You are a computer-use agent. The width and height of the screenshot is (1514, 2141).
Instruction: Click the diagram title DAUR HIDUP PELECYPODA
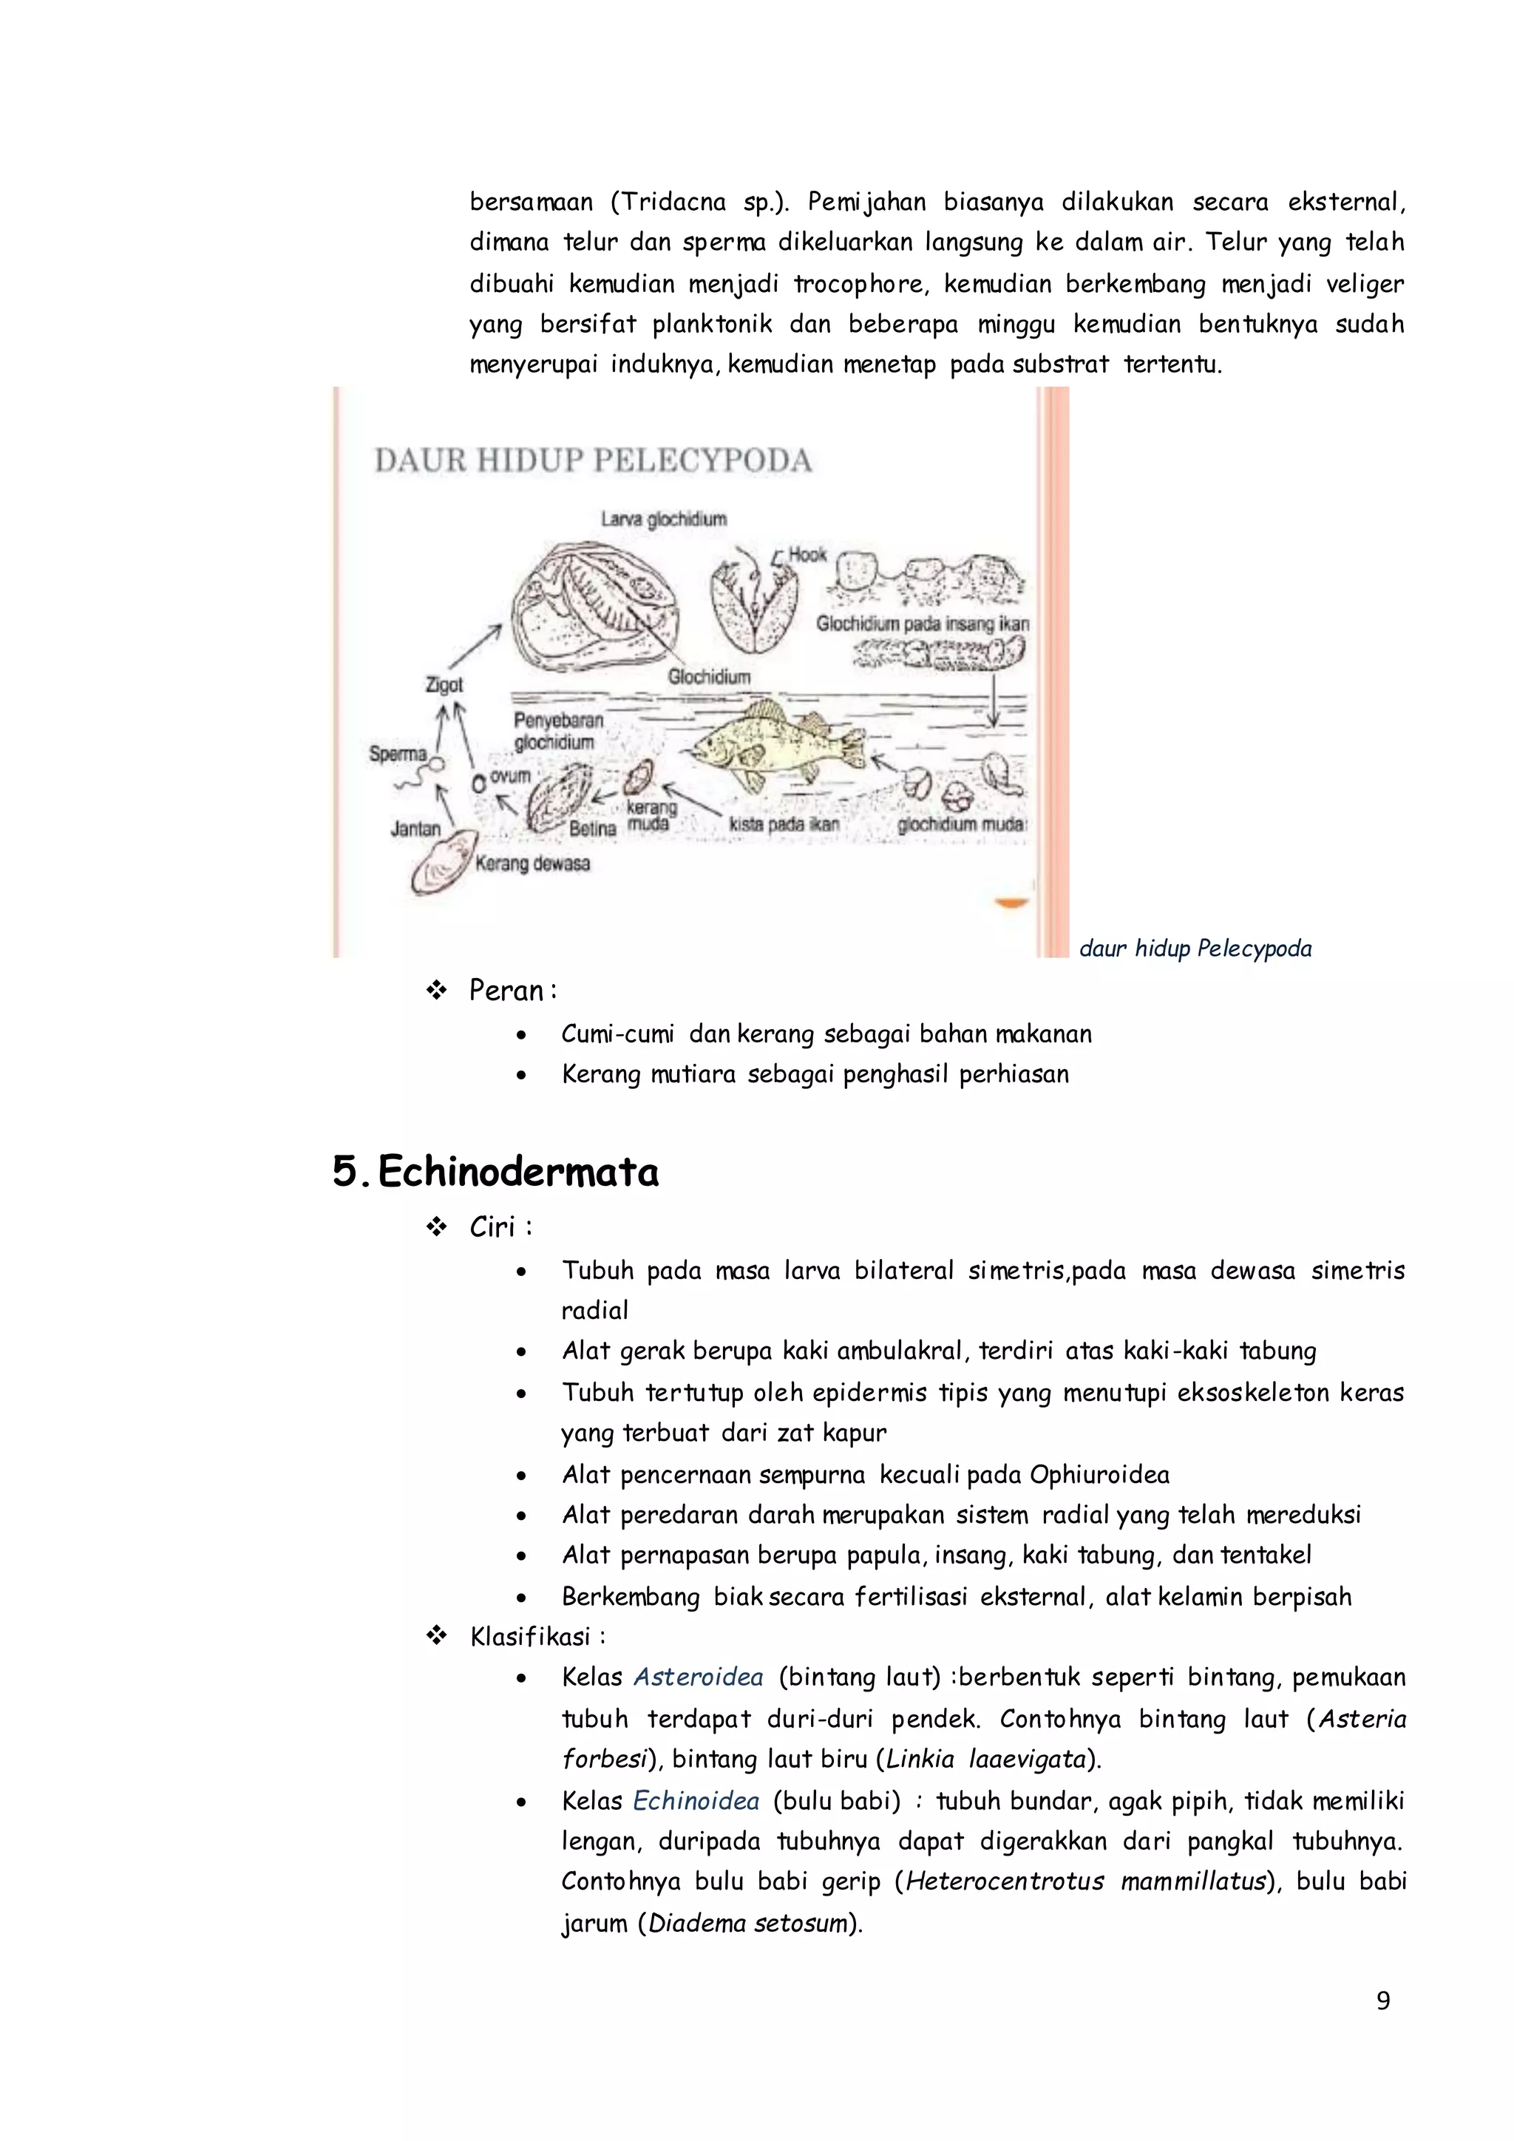tap(593, 461)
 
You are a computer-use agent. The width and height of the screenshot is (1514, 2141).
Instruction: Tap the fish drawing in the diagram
tap(778, 745)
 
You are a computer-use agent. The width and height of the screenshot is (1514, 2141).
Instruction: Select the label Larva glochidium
tap(663, 520)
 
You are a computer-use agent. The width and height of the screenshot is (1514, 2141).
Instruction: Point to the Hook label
tap(807, 554)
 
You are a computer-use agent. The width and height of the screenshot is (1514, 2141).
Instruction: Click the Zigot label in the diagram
tap(444, 685)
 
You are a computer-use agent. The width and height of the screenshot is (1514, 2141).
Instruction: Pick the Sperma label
tap(397, 753)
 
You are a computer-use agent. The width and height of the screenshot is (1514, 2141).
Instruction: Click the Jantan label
tap(415, 828)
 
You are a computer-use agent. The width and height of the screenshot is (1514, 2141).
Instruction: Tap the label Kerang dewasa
tap(532, 863)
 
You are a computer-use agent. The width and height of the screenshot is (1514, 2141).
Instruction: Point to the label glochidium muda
tap(960, 824)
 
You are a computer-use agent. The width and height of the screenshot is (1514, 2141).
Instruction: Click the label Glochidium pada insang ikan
tap(922, 624)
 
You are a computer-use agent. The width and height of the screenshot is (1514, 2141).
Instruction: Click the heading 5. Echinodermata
tap(496, 1172)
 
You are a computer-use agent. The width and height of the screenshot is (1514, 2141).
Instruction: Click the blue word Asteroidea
tap(699, 1677)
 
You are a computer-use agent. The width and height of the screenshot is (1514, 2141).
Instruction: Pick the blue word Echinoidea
tap(696, 1801)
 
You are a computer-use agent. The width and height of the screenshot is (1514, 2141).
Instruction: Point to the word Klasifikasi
tap(531, 1637)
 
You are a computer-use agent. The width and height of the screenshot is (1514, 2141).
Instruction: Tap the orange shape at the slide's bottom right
tap(1011, 903)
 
